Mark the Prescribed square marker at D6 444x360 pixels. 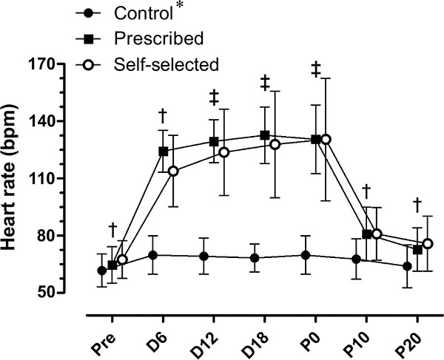coord(163,151)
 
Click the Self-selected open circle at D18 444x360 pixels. coord(275,144)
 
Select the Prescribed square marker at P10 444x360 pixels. coord(366,234)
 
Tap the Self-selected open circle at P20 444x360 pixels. coord(427,244)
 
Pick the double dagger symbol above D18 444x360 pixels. coord(264,84)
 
